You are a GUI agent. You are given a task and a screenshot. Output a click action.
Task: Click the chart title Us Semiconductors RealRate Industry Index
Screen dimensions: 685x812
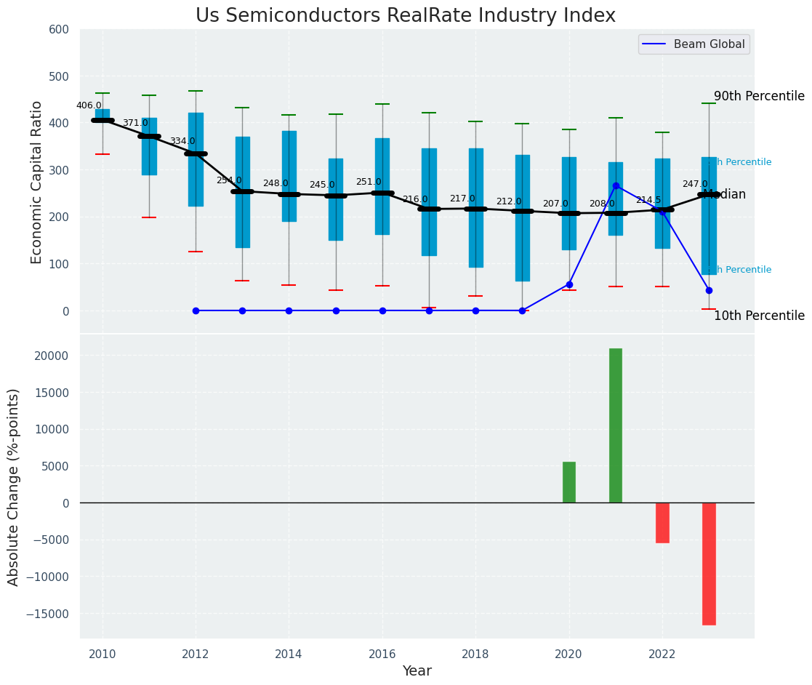tap(406, 16)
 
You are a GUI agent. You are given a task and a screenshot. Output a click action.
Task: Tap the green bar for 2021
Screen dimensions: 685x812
tap(616, 425)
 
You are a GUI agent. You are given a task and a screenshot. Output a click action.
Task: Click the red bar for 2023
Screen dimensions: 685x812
tap(709, 564)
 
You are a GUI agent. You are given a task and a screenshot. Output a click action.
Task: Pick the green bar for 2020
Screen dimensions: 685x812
tap(569, 482)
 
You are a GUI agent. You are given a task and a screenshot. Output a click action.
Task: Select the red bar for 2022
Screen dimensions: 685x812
tap(662, 522)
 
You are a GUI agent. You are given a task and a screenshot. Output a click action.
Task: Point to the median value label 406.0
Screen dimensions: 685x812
tap(89, 105)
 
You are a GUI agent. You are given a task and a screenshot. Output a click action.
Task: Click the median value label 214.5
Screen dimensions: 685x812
tap(648, 200)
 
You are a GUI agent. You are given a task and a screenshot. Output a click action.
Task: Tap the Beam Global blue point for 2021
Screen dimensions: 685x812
tap(616, 185)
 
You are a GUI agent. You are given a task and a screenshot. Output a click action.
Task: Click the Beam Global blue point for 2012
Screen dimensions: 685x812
tap(196, 311)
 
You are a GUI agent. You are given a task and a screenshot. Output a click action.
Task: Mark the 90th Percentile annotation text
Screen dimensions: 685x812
tap(759, 96)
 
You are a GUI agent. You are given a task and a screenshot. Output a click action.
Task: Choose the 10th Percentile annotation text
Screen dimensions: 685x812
tap(759, 316)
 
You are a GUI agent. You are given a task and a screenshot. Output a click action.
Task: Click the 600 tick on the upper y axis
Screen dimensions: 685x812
tap(59, 29)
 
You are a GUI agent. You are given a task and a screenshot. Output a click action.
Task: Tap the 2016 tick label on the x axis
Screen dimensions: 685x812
tap(382, 654)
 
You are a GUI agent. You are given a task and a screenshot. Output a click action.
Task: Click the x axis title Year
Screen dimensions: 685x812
tap(417, 671)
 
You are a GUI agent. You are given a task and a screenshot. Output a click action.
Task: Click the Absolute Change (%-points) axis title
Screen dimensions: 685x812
tap(14, 486)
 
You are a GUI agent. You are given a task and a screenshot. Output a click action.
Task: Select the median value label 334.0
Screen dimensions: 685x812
tap(182, 141)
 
